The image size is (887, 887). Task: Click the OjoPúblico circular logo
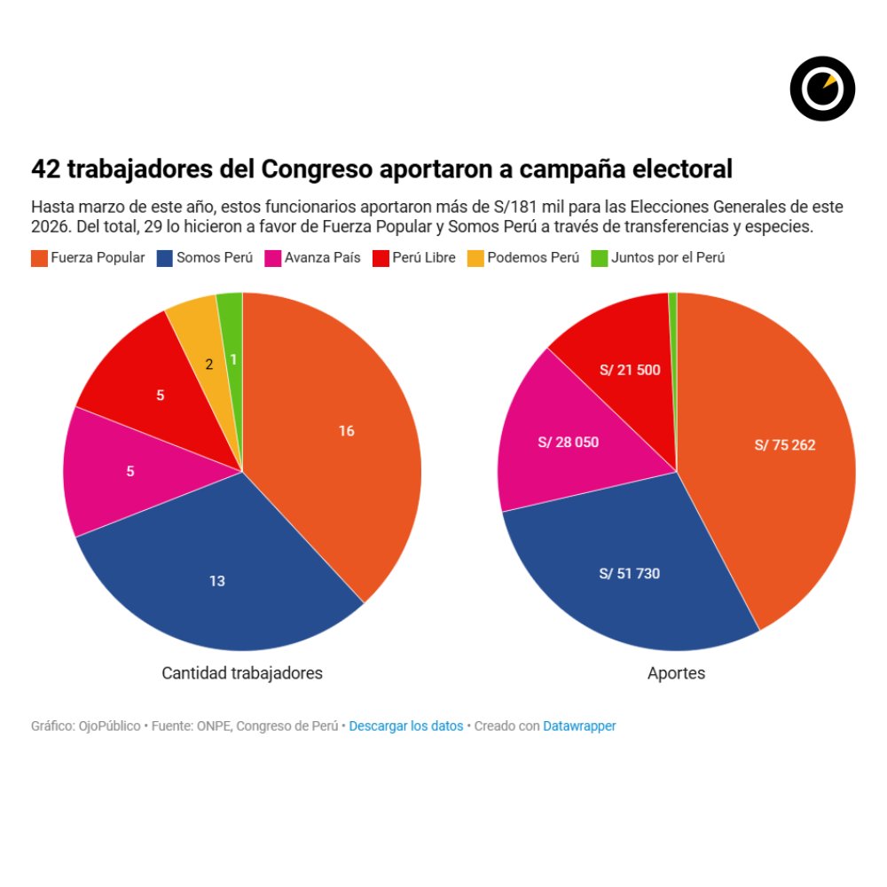click(822, 89)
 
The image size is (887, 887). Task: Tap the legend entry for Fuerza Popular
click(88, 258)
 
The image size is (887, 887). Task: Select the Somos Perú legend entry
click(205, 258)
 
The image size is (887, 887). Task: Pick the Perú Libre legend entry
click(414, 258)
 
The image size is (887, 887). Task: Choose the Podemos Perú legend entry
click(523, 258)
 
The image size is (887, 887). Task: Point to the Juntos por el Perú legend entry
click(657, 258)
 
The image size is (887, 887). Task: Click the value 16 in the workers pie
click(346, 431)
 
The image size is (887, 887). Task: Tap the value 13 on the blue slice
click(217, 581)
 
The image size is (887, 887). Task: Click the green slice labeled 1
click(232, 359)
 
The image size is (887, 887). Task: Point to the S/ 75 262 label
click(785, 445)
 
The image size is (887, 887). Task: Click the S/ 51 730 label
click(630, 574)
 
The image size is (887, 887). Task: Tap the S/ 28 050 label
click(569, 442)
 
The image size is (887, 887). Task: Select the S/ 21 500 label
click(630, 370)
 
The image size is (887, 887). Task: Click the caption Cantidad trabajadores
click(242, 673)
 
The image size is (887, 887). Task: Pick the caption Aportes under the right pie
click(677, 673)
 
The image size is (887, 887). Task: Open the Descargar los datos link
click(406, 726)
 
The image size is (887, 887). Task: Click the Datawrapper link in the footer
click(579, 726)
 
